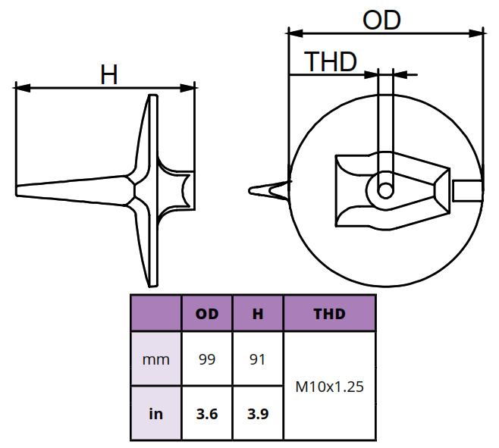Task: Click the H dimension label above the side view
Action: coord(109,74)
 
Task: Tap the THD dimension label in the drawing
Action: coord(330,61)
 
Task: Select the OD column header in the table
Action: coord(207,314)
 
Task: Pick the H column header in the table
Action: coord(258,314)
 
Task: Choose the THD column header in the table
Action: coord(329,314)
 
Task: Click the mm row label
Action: coord(156,359)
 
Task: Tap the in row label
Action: coord(156,414)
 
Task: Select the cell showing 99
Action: coord(207,359)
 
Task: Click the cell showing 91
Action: coord(258,359)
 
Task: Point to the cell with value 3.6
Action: coord(207,414)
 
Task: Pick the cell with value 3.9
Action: coord(258,414)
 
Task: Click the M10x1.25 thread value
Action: coord(329,387)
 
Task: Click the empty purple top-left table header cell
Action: coord(156,314)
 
